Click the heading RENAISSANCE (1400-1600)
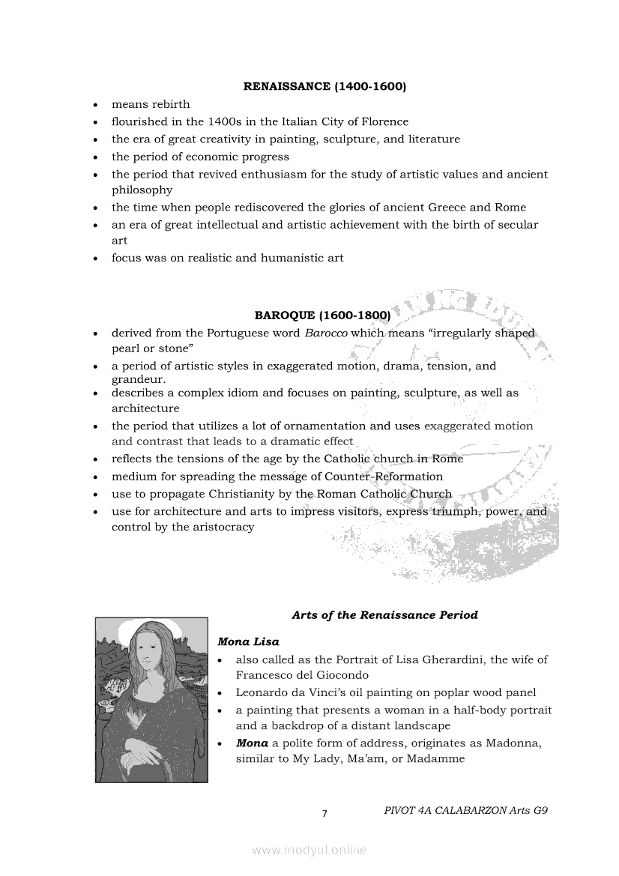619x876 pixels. pos(324,87)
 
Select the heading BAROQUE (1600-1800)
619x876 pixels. pos(322,315)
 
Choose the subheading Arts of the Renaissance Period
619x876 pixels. pos(384,615)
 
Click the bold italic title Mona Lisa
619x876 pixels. pos(248,642)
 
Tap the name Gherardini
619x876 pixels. pos(446,660)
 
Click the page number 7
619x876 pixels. pos(324,815)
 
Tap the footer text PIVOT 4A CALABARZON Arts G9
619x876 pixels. pos(465,810)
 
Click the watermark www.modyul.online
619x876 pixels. pos(309,851)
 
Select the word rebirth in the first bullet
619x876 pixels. pos(171,104)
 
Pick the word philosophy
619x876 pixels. pos(142,190)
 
